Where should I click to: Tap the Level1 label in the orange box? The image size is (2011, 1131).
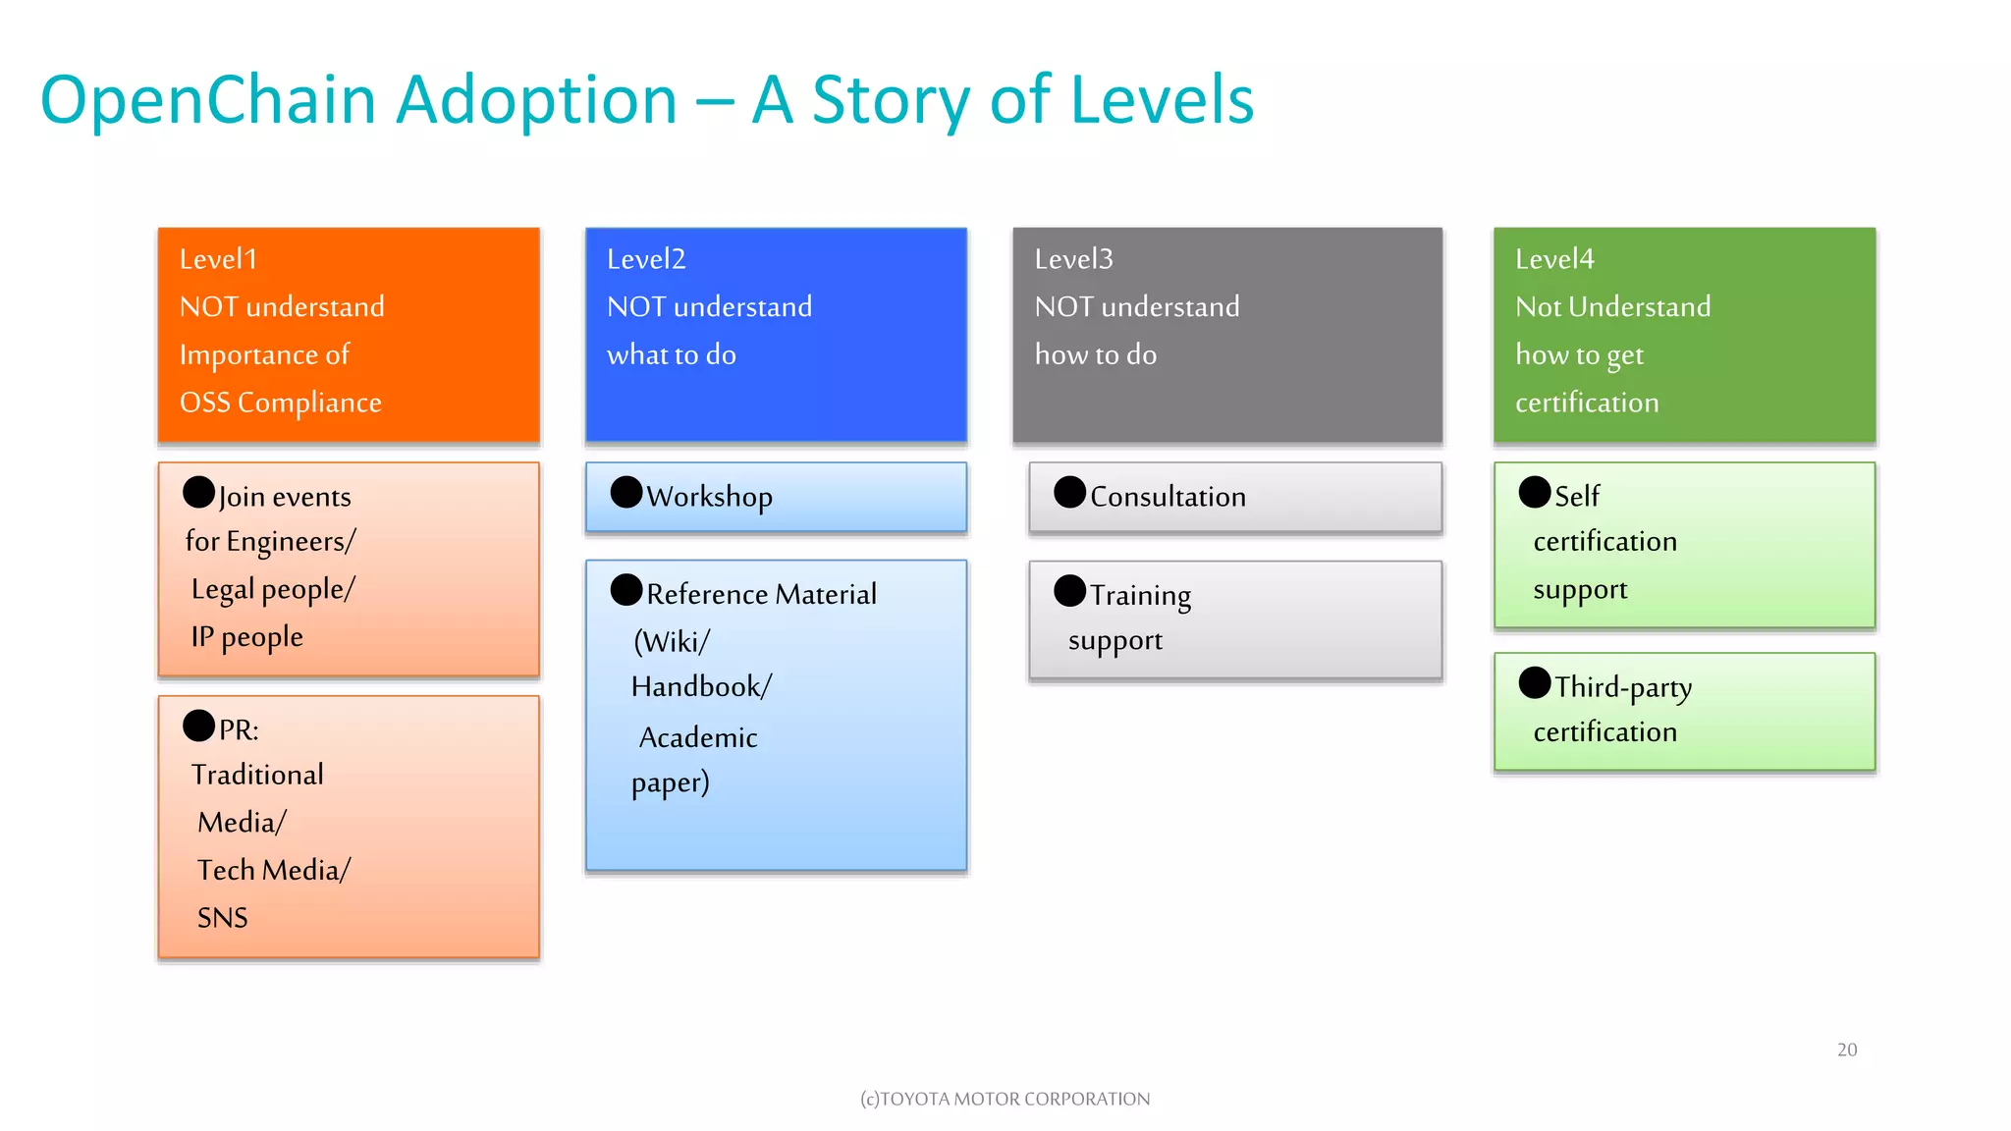coord(218,259)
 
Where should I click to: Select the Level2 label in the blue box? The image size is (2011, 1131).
coord(646,259)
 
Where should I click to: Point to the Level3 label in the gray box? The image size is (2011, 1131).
coord(1073,259)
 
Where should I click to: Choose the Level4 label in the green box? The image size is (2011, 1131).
coord(1554,259)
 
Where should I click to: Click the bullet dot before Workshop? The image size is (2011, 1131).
coord(626,492)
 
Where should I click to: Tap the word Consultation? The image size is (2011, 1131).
coord(1168,497)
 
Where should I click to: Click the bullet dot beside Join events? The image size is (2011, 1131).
coord(198,492)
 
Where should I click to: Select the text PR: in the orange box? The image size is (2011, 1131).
coord(239,730)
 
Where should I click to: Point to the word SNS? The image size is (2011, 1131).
coord(223,918)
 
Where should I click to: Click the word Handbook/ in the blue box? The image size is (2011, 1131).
coord(701,686)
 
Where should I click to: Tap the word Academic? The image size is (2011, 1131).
coord(698,737)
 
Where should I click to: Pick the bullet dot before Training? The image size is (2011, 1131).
coord(1069,591)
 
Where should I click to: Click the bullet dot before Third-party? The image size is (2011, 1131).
coord(1535,682)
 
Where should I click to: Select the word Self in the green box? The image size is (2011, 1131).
coord(1577,497)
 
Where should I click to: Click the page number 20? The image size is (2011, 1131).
coord(1847,1050)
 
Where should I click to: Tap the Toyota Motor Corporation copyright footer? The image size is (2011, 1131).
coord(1005,1099)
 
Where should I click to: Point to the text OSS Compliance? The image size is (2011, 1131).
coord(280,403)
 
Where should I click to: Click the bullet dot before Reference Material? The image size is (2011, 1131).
coord(626,590)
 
